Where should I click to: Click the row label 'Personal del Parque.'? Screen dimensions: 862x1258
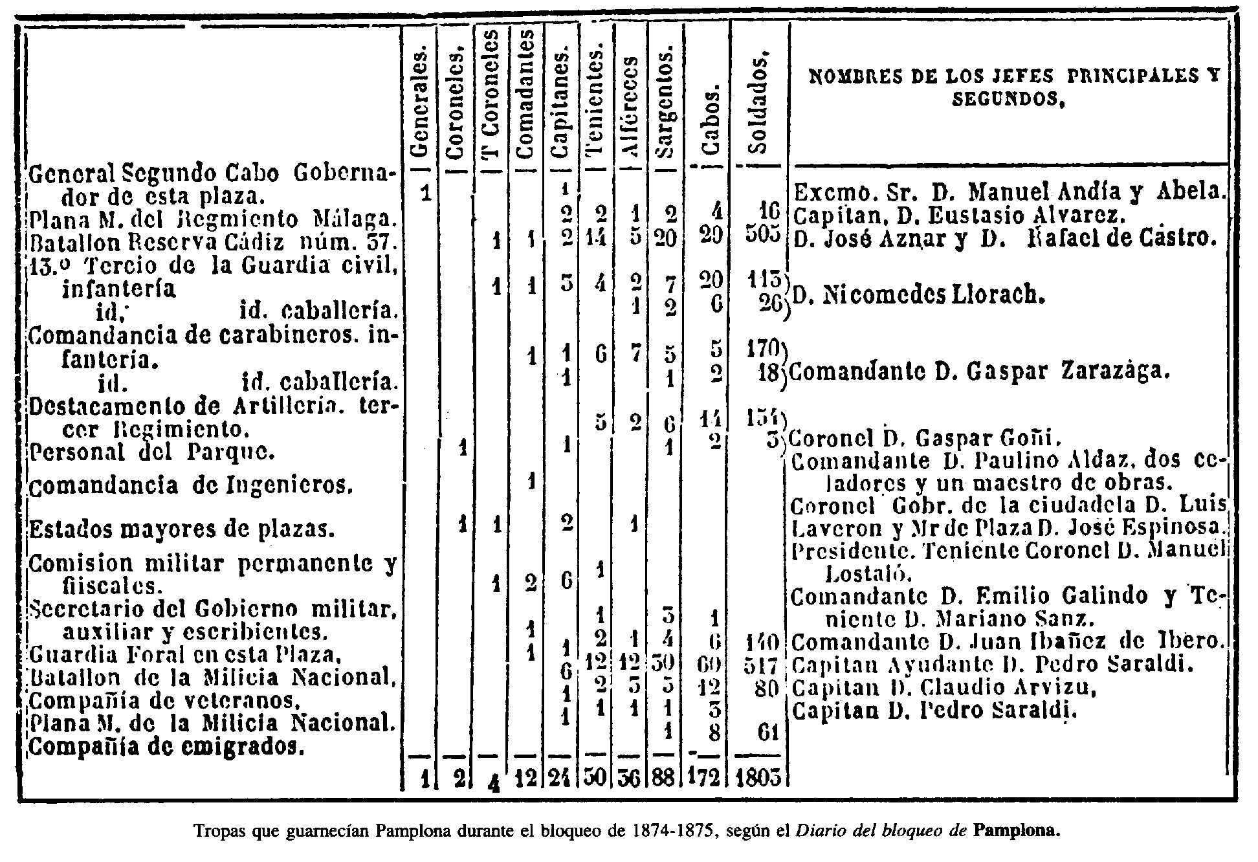click(153, 451)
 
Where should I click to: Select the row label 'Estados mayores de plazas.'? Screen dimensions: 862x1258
click(182, 531)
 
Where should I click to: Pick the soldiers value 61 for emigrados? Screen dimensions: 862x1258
click(767, 734)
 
